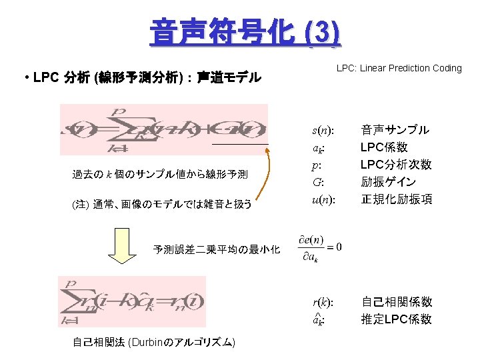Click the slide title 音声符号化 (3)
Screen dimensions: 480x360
(245, 31)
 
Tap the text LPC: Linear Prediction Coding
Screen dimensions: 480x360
(399, 68)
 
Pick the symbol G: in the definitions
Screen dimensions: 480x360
(318, 182)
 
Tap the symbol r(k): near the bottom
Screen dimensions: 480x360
(323, 302)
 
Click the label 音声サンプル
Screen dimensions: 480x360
(395, 130)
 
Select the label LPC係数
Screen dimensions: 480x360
(384, 147)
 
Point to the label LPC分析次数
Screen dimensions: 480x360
(396, 165)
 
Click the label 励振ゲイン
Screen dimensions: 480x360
(389, 182)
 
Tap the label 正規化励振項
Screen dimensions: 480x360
(396, 199)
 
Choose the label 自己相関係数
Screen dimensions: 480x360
(396, 302)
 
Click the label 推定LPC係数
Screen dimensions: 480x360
(396, 319)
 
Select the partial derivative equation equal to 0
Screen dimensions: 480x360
(321, 248)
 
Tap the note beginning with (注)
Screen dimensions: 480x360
(162, 204)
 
